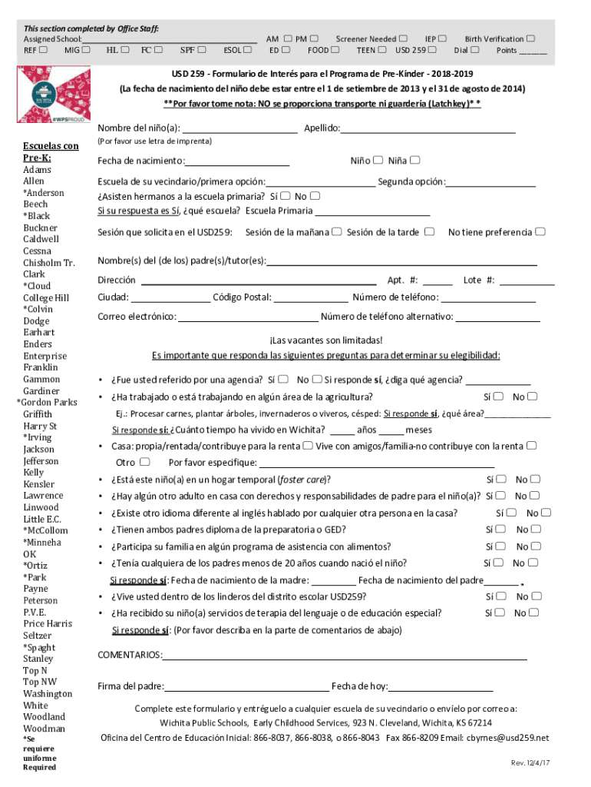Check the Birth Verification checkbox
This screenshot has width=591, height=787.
point(531,38)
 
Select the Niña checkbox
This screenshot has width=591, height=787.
point(415,160)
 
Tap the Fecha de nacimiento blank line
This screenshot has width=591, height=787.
point(237,161)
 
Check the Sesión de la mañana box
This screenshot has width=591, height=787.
point(337,231)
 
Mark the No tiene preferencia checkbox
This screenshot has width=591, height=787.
point(541,231)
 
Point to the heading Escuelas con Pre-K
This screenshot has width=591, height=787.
point(49,152)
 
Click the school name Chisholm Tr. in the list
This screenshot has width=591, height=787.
point(49,263)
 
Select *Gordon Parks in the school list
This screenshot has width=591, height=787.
point(47,403)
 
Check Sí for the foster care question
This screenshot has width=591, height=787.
point(500,479)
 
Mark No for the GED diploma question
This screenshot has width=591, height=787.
point(535,529)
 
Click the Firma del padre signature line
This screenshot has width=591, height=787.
point(246,687)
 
